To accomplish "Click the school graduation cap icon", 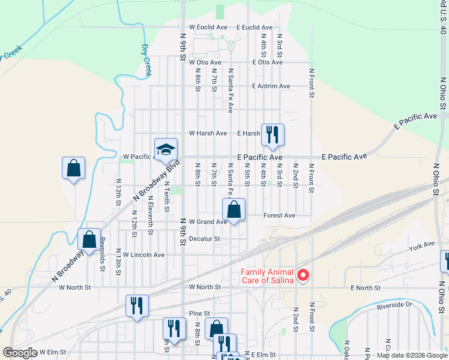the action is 166,150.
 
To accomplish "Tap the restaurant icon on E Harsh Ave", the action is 273,134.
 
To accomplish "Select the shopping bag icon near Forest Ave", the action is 234,209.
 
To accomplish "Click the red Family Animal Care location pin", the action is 303,275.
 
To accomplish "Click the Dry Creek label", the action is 146,60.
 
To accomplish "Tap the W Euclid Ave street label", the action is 208,28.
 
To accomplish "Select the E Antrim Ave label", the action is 271,86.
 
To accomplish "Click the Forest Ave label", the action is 279,215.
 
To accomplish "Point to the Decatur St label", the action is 205,238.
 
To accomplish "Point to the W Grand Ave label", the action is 208,222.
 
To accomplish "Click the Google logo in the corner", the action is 20,353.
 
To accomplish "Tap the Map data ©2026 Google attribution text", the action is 411,355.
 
